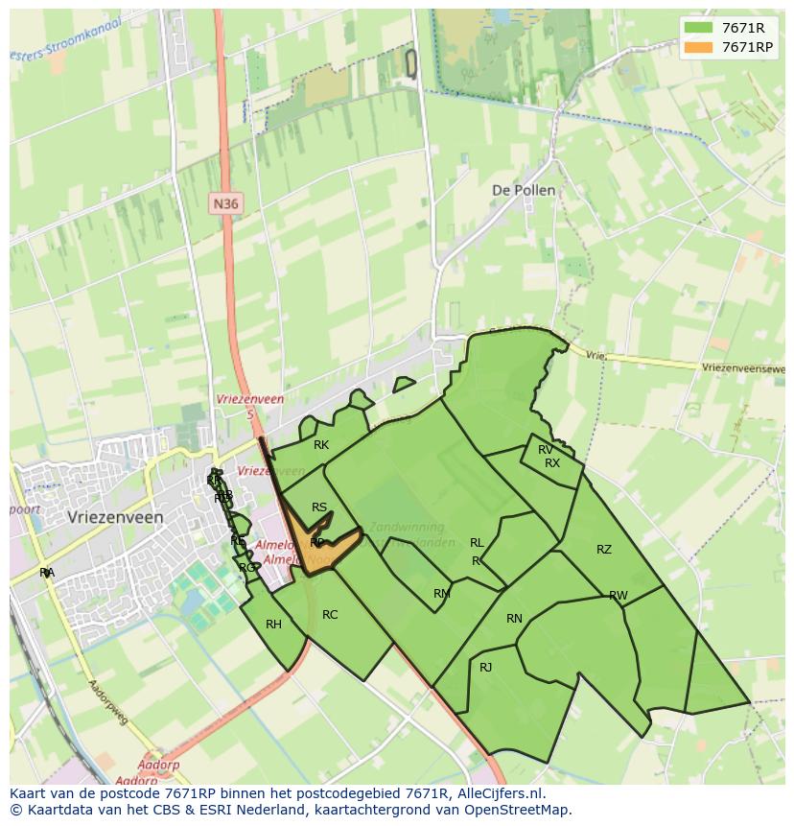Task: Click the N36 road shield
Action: click(225, 203)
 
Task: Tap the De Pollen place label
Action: click(523, 190)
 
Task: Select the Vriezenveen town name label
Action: click(116, 517)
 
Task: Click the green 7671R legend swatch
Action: click(699, 28)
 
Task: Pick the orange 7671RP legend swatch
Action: click(699, 47)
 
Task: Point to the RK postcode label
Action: click(321, 445)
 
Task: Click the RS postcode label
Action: click(319, 508)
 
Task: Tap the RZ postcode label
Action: click(604, 550)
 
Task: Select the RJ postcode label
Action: click(485, 667)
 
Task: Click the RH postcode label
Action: click(274, 625)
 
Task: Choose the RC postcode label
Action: click(330, 615)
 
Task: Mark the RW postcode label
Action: click(619, 596)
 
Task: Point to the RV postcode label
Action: click(546, 450)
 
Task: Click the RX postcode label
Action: click(552, 463)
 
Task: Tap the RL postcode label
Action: click(477, 543)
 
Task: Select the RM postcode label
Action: click(441, 594)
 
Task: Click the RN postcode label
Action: click(514, 619)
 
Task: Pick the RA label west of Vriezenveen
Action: click(47, 573)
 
